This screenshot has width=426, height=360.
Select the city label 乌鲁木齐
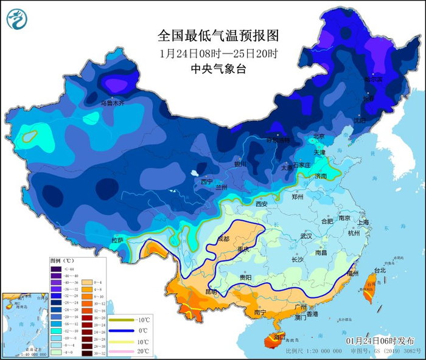(112, 104)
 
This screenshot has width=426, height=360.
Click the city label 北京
(319, 136)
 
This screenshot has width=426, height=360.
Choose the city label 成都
(224, 238)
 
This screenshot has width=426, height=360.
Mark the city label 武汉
(306, 236)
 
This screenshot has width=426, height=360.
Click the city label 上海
(363, 223)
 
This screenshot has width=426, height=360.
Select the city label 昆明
(211, 292)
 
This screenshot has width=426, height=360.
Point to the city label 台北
(379, 270)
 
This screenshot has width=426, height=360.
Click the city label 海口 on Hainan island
(279, 336)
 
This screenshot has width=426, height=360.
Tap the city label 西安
(261, 205)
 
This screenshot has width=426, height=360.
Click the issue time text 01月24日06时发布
(380, 341)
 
